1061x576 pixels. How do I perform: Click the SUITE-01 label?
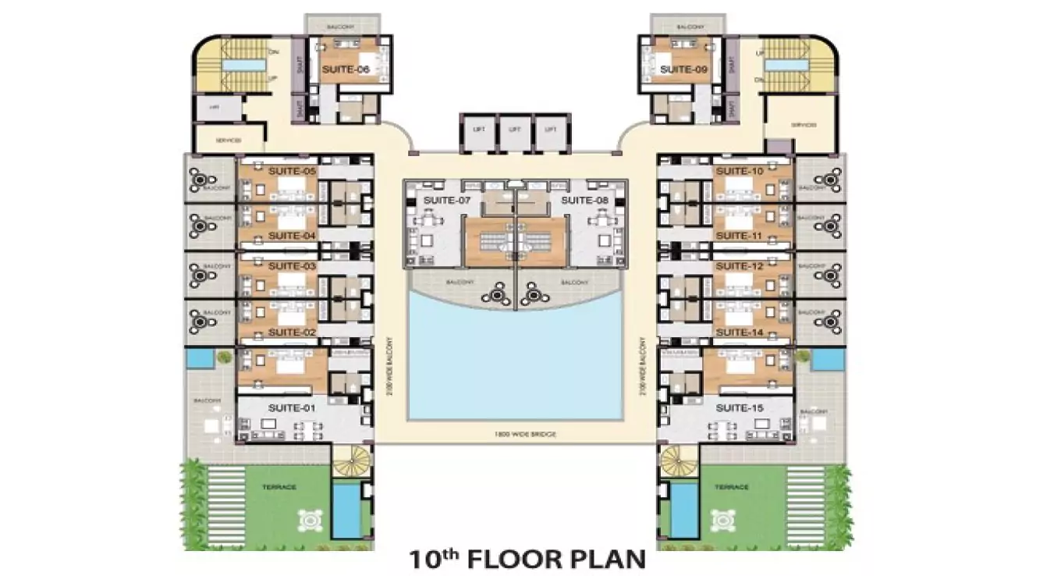tap(291, 407)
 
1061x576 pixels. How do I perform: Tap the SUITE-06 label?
tap(344, 70)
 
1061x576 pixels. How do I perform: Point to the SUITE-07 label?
tap(442, 201)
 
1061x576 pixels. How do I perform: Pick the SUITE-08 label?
tap(584, 201)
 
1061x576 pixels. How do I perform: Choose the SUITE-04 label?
tap(291, 235)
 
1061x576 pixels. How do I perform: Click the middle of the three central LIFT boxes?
tap(513, 130)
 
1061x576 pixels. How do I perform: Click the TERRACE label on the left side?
tap(279, 487)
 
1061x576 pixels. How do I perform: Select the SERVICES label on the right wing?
tap(803, 125)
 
